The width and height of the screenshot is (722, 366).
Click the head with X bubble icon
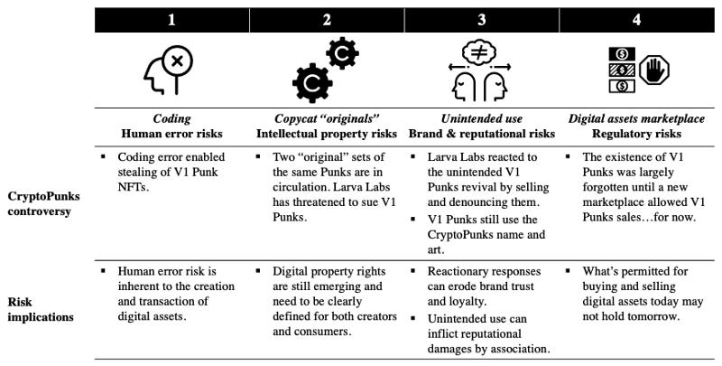171,71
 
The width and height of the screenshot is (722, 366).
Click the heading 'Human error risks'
171,134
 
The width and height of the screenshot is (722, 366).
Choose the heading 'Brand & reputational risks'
481,134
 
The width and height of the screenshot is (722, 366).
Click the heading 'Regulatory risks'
638,134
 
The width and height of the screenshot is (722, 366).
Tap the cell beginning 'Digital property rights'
329,296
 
